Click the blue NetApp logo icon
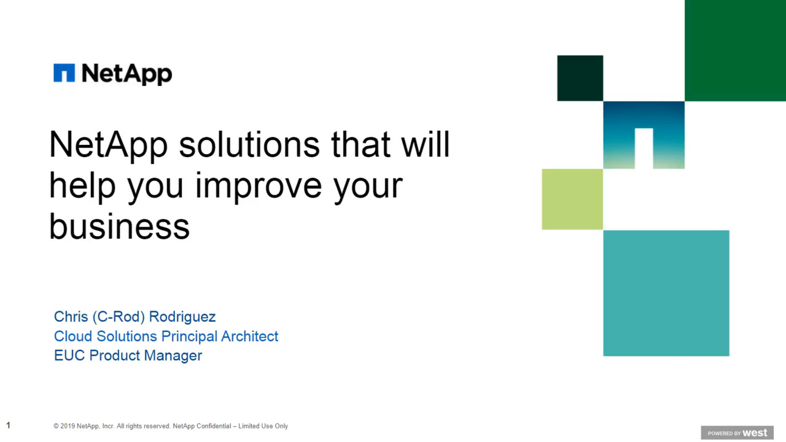click(64, 72)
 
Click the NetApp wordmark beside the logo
click(126, 74)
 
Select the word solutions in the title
click(249, 144)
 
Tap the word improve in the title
click(258, 185)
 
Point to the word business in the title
click(119, 227)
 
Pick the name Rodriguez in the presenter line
click(182, 317)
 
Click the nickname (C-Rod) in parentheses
click(119, 317)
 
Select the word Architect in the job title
click(249, 336)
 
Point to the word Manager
click(173, 355)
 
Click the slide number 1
click(9, 425)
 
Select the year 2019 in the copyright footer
click(68, 426)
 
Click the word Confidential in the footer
click(214, 426)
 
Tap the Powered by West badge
click(737, 433)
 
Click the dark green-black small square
click(580, 78)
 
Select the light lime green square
click(572, 200)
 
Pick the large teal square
click(666, 293)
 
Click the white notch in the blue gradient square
click(644, 148)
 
